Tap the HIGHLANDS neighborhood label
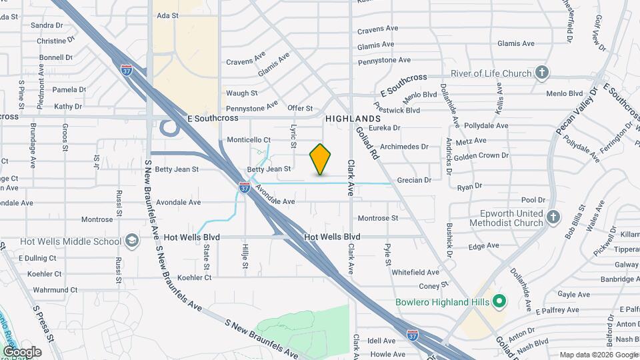(353, 118)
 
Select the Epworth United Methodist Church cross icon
(553, 217)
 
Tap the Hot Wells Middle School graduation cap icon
(132, 241)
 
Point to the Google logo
(21, 352)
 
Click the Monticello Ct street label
(249, 140)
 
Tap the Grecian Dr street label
(415, 180)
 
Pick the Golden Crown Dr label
(481, 155)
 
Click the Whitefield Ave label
(415, 272)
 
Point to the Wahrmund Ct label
(55, 290)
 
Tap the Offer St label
(300, 108)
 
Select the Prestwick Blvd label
(397, 108)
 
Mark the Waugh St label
(241, 93)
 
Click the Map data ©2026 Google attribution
(598, 355)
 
